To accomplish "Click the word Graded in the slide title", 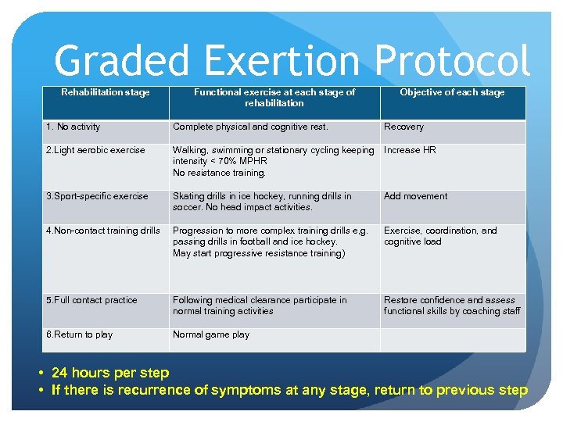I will pos(120,61).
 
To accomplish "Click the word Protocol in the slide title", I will pos(451,61).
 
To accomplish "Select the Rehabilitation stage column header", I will pos(106,92).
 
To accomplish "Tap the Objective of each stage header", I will pos(452,92).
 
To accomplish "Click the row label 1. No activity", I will pos(74,127).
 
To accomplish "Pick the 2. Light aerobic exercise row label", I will pos(95,150).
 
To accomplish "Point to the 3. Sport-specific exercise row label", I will pos(97,196).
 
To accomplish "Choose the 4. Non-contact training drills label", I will pos(103,231).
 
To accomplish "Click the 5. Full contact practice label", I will pos(91,300).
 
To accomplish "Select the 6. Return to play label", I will pos(79,334).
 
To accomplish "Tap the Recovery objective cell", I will pos(403,127).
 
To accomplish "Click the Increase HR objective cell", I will pos(410,150).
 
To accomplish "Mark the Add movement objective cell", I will pos(415,196).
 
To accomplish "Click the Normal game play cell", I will pos(211,334).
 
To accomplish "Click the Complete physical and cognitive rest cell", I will pos(250,127).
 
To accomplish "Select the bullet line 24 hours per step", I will pos(109,373).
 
